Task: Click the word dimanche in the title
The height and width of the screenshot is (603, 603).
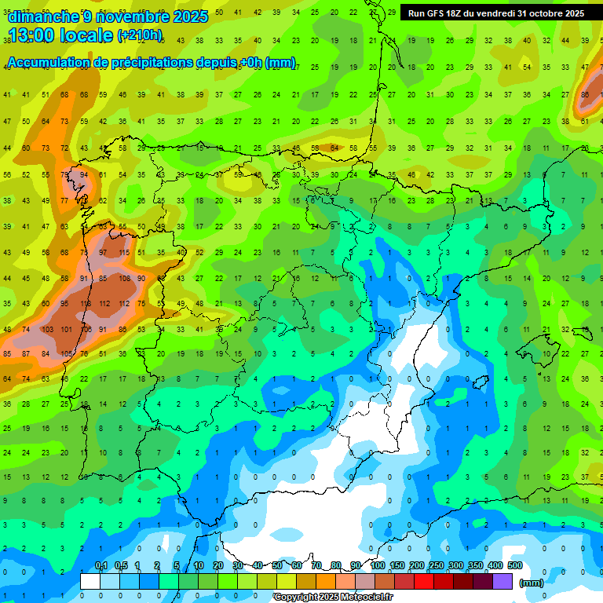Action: pos(43,16)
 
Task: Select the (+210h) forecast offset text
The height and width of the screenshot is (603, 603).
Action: pos(141,35)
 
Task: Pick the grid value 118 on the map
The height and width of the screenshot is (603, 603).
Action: pos(84,304)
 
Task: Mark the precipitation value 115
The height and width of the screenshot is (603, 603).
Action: pos(122,254)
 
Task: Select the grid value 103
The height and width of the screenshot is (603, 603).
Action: pos(46,329)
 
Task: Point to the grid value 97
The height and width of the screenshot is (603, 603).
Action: pos(103,254)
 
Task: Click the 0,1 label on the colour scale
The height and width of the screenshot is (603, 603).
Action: pos(100,566)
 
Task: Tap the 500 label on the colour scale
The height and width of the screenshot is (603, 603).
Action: pos(514,566)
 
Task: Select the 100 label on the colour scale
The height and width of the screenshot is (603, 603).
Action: pos(377,566)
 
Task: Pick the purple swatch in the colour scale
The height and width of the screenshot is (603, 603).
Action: pos(502,581)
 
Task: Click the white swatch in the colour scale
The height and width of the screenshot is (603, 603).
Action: pos(90,581)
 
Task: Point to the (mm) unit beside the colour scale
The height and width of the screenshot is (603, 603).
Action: pos(532,583)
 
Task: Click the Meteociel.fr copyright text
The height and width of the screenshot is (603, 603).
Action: pos(334,598)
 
